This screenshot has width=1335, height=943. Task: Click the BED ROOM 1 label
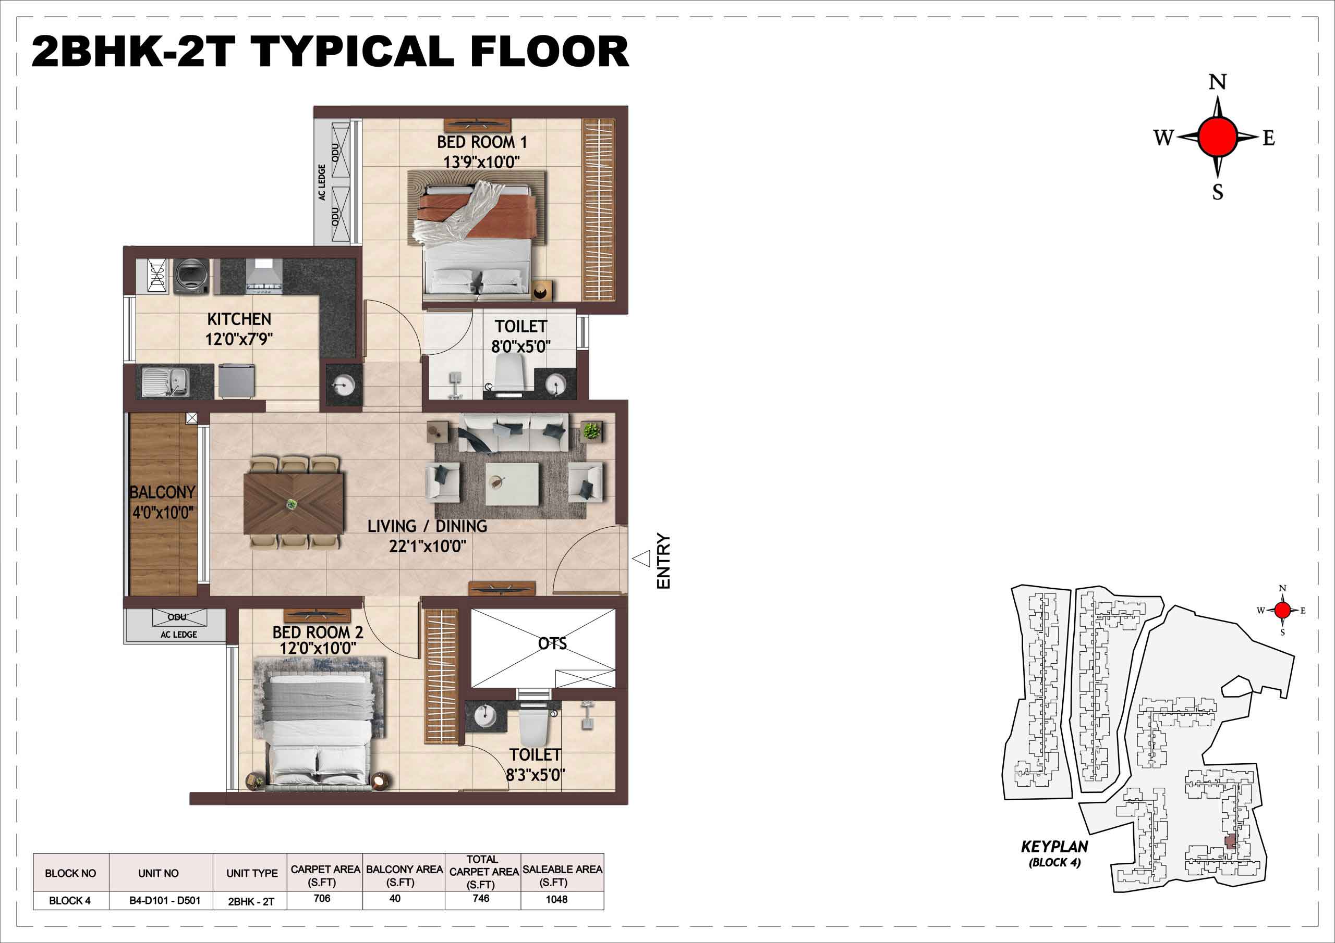pos(482,142)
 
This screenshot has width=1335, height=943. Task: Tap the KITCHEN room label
pos(239,319)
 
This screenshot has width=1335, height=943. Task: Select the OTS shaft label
pos(552,644)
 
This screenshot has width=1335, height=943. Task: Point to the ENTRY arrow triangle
pos(641,559)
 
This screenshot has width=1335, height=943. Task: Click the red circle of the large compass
pos(1218,137)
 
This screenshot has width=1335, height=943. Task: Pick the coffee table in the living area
pos(512,484)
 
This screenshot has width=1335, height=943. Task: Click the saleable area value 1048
pos(556,899)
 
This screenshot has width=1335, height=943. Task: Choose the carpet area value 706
pos(322,898)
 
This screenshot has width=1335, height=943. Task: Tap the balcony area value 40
pos(395,898)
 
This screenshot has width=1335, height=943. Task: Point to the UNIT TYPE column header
pos(252,873)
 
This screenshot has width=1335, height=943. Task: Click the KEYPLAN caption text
pos(1055,847)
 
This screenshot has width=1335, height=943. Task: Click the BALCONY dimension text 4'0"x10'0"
pos(163,513)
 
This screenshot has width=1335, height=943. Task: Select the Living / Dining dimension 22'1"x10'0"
pos(428,546)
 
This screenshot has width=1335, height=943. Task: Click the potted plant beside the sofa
pos(592,430)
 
